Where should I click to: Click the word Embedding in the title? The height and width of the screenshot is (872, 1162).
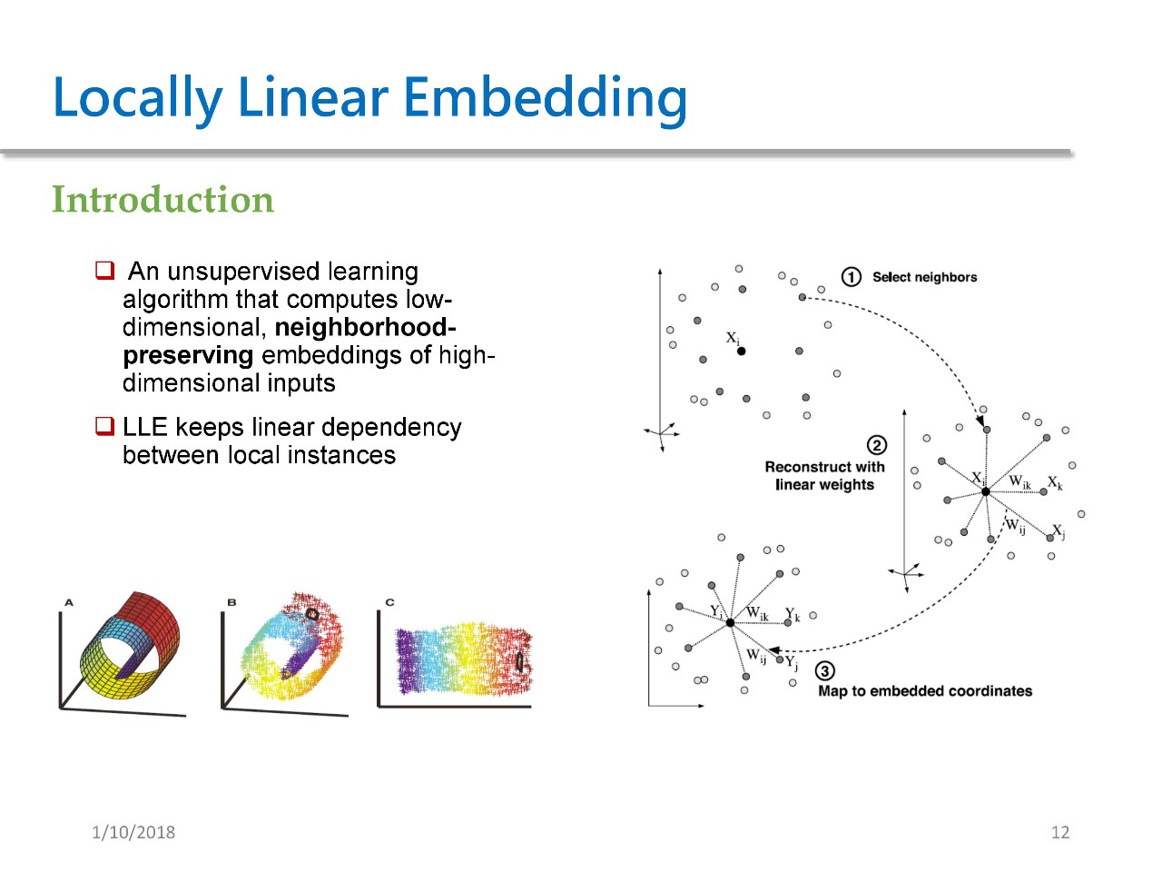[545, 97]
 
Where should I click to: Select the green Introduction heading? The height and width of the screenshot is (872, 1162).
[162, 200]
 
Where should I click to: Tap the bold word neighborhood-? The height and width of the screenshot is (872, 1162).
[365, 327]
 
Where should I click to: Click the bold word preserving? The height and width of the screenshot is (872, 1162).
[188, 355]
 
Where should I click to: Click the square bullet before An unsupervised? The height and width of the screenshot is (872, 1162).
[105, 271]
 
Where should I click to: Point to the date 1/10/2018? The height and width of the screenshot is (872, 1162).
[133, 832]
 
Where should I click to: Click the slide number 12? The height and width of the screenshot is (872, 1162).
[1059, 832]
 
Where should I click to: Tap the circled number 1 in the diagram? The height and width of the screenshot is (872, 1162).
[851, 277]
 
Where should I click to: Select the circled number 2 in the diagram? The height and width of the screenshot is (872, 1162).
[876, 445]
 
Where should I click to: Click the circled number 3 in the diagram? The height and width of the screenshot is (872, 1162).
[824, 671]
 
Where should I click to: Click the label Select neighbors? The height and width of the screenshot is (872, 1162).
[924, 277]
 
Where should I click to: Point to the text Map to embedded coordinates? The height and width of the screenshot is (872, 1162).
[925, 691]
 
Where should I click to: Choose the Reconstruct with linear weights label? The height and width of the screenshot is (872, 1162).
[824, 476]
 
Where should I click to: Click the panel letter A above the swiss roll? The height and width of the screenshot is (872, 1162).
[69, 602]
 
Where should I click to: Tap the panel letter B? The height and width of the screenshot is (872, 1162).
[231, 602]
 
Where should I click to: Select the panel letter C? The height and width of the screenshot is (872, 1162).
[389, 602]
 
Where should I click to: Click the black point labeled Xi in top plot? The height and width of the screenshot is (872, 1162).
[741, 351]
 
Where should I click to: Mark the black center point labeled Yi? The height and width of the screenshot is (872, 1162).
[730, 622]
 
